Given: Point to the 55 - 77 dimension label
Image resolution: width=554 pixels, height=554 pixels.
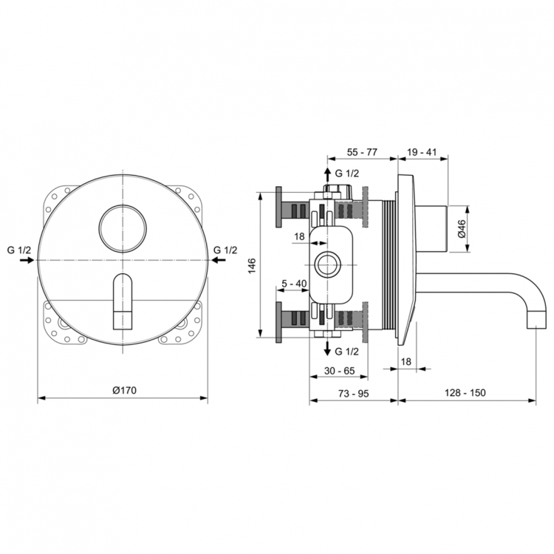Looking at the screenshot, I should click(x=362, y=152).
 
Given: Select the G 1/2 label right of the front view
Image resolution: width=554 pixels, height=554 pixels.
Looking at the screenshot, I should click(x=225, y=250).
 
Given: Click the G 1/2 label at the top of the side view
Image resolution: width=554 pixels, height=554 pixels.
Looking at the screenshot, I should click(x=347, y=173).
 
